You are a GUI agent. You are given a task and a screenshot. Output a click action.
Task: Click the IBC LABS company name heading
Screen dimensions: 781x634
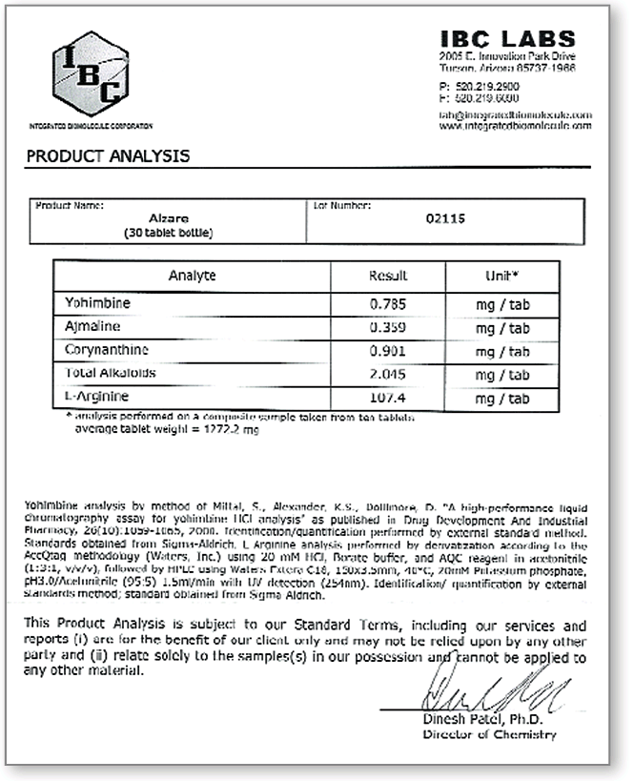click(x=508, y=39)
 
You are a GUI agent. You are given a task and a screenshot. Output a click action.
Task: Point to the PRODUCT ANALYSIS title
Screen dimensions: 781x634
click(x=108, y=155)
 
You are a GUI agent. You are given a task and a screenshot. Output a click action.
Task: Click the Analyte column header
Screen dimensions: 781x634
click(x=192, y=276)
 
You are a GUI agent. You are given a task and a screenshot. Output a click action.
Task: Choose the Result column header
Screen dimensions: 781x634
click(x=388, y=276)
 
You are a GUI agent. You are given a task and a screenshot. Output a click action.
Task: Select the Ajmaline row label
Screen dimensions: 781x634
click(x=92, y=327)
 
